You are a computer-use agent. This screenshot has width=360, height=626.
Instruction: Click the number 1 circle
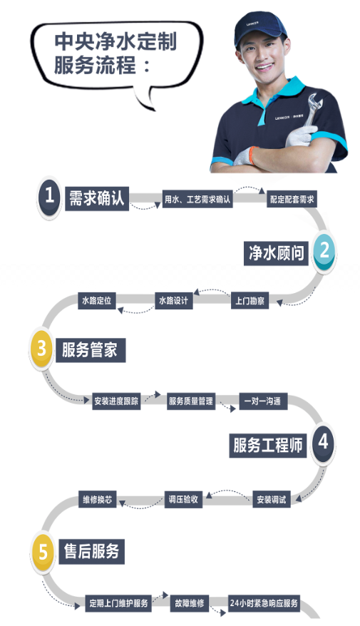49,197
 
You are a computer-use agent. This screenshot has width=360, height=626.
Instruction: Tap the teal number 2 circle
324,251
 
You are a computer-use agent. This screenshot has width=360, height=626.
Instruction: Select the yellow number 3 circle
41,349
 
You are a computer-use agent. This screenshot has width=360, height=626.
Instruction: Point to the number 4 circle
323,442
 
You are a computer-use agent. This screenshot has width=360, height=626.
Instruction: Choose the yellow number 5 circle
42,553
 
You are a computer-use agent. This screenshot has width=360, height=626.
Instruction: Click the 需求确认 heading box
97,198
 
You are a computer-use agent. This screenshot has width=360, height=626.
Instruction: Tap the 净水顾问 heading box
276,252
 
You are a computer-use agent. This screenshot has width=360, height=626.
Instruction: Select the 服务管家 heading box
91,350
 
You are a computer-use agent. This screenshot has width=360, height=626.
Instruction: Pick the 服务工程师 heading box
268,445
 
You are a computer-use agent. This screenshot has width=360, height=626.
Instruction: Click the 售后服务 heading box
92,551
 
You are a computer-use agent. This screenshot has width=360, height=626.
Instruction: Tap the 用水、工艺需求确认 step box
197,199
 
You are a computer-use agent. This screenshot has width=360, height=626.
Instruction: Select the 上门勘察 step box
250,301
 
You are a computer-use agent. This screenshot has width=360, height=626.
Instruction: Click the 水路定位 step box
97,300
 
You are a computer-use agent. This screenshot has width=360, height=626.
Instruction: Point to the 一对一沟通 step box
263,401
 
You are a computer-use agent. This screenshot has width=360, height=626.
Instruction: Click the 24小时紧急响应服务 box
264,603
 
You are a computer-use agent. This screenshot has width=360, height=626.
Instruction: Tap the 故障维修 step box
189,603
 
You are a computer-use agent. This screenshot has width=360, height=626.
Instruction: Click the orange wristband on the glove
252,155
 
